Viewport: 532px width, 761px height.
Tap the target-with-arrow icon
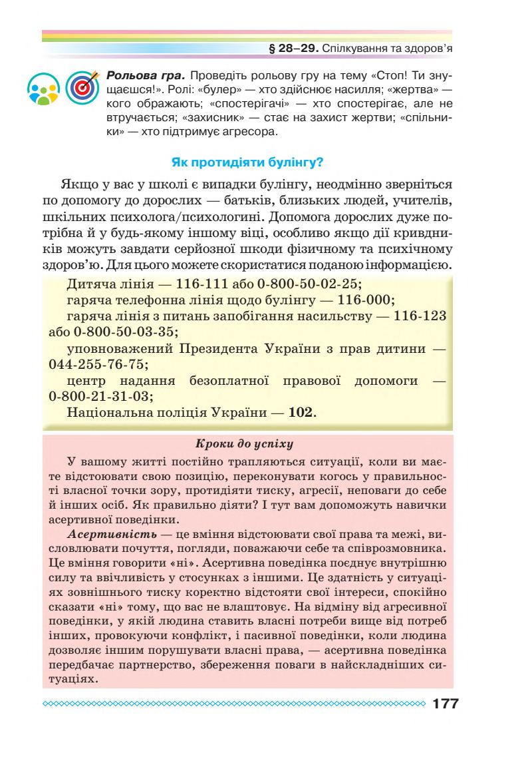point(82,87)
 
